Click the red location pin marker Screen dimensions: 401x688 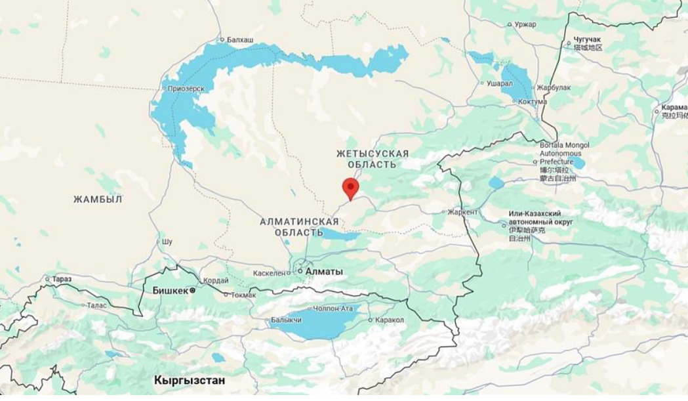click(351, 187)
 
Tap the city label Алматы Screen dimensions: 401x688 click(324, 271)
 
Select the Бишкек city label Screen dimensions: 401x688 click(171, 290)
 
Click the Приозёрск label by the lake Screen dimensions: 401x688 click(186, 89)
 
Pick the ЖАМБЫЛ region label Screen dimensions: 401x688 click(98, 200)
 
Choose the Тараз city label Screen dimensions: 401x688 click(62, 279)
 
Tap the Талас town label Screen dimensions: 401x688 click(96, 305)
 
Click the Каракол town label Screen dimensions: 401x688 click(390, 320)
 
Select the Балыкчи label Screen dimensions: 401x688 click(286, 320)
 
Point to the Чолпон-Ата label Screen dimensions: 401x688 click(333, 308)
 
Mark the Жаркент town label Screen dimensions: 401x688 click(462, 212)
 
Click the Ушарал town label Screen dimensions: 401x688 click(499, 83)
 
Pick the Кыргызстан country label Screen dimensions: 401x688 click(190, 381)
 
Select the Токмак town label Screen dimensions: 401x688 click(243, 295)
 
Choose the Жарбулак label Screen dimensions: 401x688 click(554, 87)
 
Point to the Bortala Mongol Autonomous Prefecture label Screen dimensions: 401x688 click(564, 153)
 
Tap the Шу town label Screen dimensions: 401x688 click(167, 242)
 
